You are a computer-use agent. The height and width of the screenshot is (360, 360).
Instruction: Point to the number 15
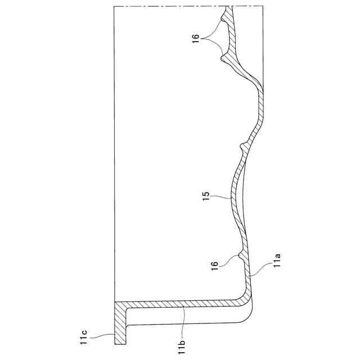click(206, 197)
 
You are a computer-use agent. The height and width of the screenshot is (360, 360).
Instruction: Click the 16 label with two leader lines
click(196, 39)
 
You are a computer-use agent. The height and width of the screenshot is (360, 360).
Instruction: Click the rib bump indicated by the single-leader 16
click(241, 256)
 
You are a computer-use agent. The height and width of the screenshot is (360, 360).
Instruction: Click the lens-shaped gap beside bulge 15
click(241, 194)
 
